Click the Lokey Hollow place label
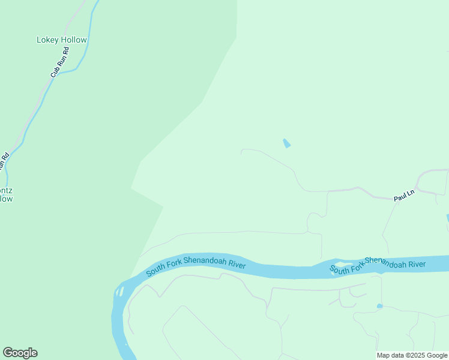pos(62,40)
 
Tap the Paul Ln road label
pos(404,196)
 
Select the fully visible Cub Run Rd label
pos(60,62)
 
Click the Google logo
pos(20,353)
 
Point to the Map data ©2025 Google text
pos(412,355)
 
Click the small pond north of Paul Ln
pos(286,143)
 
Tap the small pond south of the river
pos(379,306)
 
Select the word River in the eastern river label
pos(415,264)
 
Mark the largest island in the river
pos(341,264)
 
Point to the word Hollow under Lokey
pos(74,40)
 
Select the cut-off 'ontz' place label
pos(5,194)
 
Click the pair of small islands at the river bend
pos(121,292)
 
